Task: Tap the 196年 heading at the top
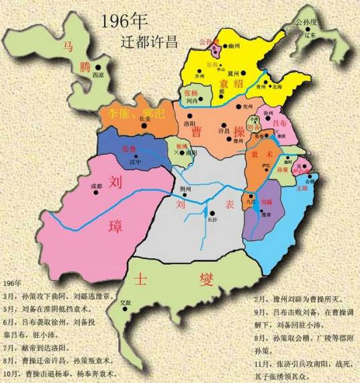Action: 124,21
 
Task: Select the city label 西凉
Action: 97,75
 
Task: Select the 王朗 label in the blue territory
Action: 300,188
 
